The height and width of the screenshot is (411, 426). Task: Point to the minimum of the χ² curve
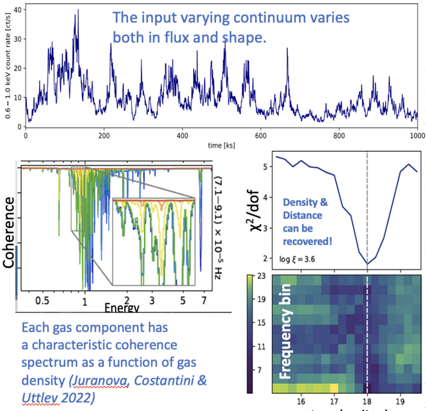coord(367,263)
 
